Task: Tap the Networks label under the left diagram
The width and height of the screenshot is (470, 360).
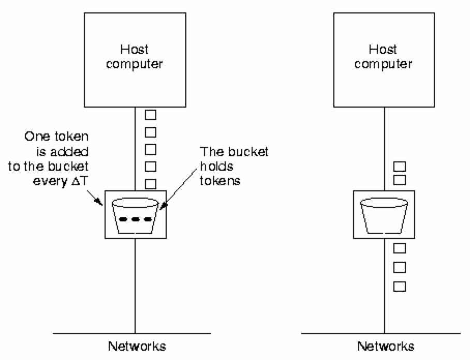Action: point(137,346)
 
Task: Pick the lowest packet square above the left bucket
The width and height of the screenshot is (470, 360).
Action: point(151,183)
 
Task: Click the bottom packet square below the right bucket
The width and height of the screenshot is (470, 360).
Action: point(399,286)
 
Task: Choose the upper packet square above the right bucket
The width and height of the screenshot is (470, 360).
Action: point(399,167)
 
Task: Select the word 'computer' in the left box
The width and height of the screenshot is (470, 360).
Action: point(136,65)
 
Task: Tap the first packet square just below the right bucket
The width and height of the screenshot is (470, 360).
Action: point(399,248)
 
